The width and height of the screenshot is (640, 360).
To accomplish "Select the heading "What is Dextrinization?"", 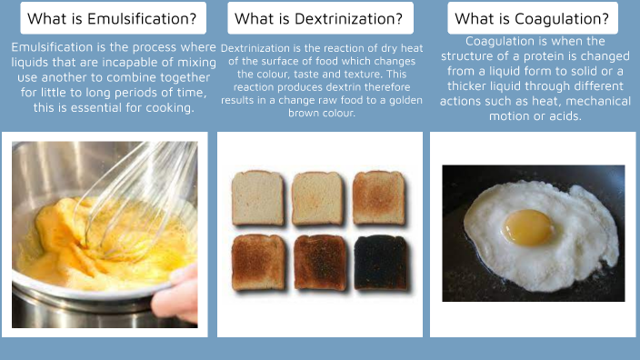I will click(x=318, y=18).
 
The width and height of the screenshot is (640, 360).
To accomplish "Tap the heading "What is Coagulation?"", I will click(x=532, y=18).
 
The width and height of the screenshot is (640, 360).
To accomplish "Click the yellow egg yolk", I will click(x=528, y=226).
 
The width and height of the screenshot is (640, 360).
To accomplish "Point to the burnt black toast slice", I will click(x=379, y=262).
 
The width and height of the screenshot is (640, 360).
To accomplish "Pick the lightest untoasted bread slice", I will click(x=258, y=197).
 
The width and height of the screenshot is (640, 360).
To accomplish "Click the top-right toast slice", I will click(x=379, y=197).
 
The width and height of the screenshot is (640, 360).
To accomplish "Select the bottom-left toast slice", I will click(x=258, y=262).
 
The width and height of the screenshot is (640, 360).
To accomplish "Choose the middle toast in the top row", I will click(x=318, y=197).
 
